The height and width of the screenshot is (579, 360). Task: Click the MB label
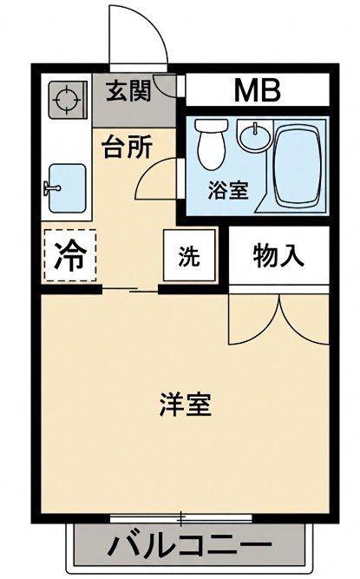point(258,90)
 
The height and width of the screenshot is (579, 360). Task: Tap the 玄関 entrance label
point(128,90)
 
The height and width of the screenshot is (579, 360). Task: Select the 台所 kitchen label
point(128,147)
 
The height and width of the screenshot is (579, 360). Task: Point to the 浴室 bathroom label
point(228,190)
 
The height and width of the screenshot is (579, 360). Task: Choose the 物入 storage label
point(278,255)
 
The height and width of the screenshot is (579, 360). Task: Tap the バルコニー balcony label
point(190,544)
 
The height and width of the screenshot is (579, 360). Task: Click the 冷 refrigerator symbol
point(70,255)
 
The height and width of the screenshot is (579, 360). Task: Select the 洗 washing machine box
point(189,255)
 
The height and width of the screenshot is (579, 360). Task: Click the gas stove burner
point(67,100)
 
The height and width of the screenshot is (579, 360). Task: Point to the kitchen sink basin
point(68,188)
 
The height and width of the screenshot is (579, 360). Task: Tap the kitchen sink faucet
point(52,188)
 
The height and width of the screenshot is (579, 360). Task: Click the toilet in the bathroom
point(211,144)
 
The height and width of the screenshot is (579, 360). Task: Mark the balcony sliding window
point(181,519)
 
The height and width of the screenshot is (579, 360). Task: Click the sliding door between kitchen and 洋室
point(130,290)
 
